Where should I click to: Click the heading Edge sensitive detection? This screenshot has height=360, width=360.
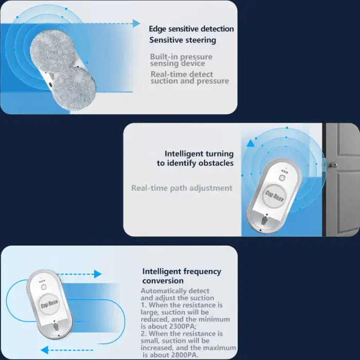tap(191, 29)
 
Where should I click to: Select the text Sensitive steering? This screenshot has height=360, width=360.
tap(183, 40)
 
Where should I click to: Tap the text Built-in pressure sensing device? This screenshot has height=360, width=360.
tap(181, 60)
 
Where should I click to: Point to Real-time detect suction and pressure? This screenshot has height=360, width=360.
tap(190, 78)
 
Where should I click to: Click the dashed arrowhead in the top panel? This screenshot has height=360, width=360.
tap(136, 24)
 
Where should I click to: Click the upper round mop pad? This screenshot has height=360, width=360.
tap(52, 51)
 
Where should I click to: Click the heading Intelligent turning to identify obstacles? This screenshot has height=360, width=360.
tap(195, 158)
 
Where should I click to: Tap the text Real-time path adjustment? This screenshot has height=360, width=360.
tap(182, 188)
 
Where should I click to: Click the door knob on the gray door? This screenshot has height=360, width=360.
tap(333, 165)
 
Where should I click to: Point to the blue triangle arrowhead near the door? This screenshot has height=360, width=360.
tap(250, 143)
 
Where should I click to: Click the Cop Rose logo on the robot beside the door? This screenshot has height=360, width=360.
tap(274, 196)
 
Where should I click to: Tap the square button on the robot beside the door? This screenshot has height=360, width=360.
tap(282, 177)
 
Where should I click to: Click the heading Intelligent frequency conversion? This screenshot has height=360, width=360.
tap(182, 276)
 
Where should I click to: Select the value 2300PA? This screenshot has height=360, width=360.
tap(183, 326)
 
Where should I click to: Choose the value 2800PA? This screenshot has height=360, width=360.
tap(185, 355)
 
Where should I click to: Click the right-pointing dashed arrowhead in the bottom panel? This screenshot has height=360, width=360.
tap(98, 274)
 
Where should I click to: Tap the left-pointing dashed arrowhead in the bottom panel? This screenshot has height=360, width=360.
tap(45, 350)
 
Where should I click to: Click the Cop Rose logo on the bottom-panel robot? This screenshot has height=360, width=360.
tap(49, 304)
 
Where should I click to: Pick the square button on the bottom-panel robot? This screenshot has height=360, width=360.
tap(44, 287)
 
